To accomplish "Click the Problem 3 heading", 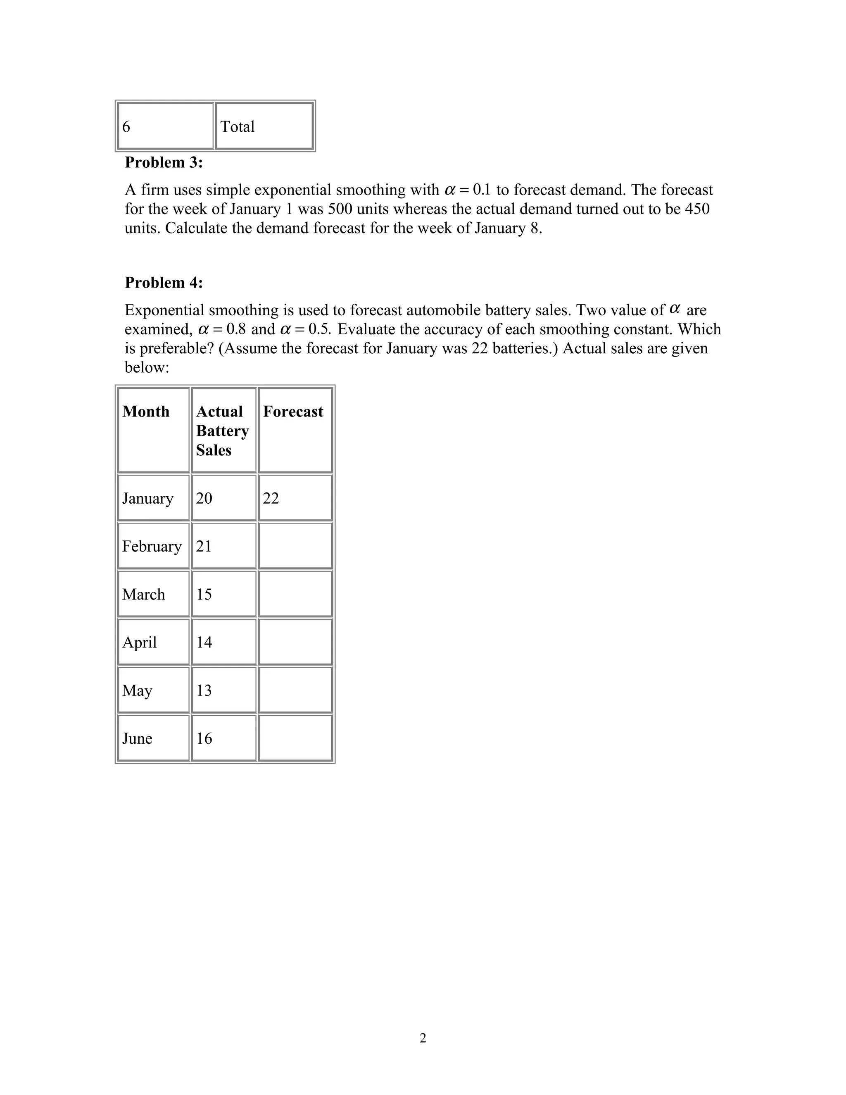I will [164, 162].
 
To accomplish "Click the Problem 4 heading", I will [164, 283].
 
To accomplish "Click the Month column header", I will [146, 412].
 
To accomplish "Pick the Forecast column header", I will [293, 412].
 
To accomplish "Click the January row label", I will [148, 498].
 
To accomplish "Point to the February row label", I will [152, 546].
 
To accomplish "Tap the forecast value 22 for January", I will [271, 498].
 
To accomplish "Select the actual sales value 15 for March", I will [204, 594].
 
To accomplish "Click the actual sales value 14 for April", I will [204, 642].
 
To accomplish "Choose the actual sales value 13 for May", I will [204, 690].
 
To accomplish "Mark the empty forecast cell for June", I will [295, 738].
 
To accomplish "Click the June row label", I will [137, 738].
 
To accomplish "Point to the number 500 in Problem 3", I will [340, 209].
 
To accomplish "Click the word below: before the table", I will [147, 367].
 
